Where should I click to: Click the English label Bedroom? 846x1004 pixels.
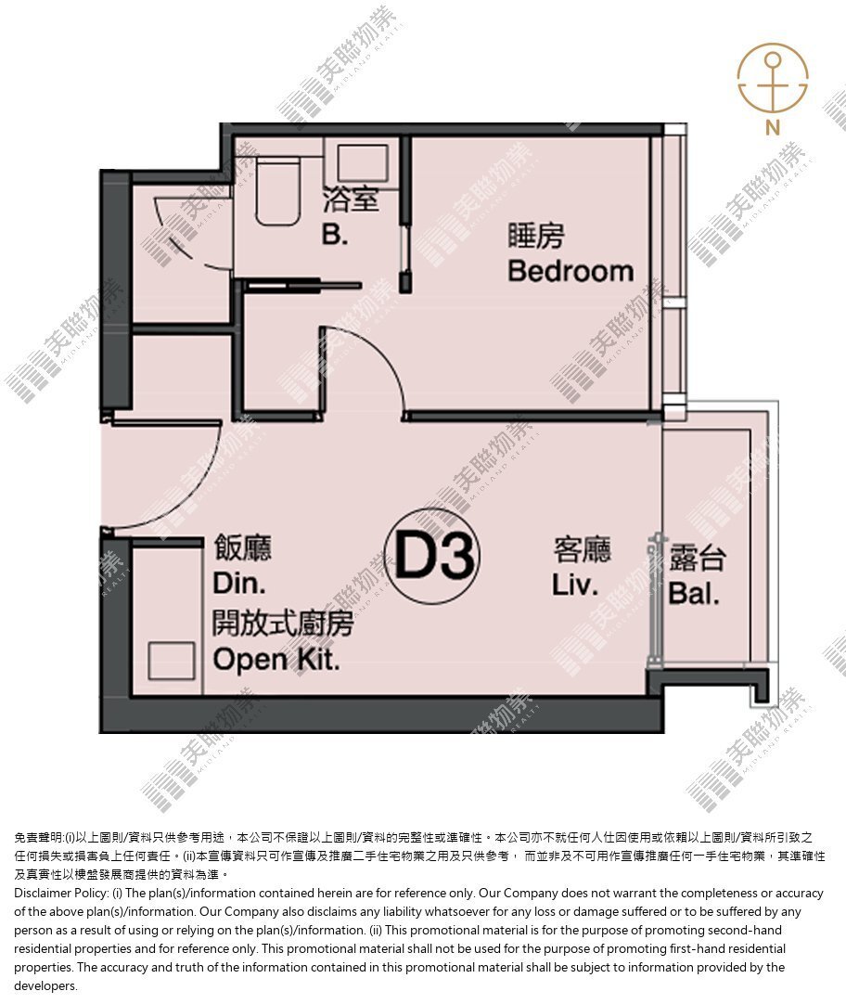(570, 272)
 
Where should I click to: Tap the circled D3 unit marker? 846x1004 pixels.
(432, 556)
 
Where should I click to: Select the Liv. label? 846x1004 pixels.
(574, 586)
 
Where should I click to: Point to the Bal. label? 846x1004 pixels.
(694, 594)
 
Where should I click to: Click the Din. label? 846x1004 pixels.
(238, 584)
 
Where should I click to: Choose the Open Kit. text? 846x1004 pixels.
(276, 660)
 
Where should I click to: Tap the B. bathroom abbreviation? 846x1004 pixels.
(335, 235)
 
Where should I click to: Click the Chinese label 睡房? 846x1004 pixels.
(536, 236)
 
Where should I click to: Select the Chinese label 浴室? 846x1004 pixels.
(351, 200)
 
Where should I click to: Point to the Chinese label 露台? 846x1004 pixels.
(698, 558)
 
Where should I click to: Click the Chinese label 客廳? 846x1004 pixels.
(583, 549)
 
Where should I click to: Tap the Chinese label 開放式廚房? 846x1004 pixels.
(283, 623)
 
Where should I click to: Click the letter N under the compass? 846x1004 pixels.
(773, 127)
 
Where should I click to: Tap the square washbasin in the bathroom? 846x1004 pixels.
(363, 162)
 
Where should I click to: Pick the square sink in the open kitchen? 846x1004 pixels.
(172, 661)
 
